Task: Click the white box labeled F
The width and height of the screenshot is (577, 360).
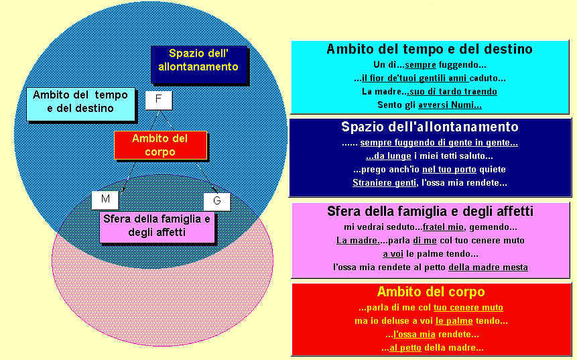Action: [159, 100]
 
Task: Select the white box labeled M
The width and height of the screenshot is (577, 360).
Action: [105, 200]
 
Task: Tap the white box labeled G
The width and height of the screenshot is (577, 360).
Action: [217, 201]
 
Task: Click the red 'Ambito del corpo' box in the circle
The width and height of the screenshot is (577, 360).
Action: [160, 145]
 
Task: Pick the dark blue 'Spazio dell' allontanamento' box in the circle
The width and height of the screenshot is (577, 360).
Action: [199, 64]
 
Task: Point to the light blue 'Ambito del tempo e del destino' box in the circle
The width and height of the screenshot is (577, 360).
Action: [80, 105]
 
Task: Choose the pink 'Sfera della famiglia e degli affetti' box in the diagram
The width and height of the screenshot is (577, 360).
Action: [157, 227]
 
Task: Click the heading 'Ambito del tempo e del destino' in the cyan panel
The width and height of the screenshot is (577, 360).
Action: [430, 49]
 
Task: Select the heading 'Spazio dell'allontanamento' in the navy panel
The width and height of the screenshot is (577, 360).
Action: [430, 127]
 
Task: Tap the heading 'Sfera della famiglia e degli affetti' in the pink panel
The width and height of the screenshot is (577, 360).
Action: [430, 211]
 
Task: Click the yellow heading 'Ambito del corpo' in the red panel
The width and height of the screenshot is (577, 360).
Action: [431, 292]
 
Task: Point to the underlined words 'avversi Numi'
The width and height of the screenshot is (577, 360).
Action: [450, 105]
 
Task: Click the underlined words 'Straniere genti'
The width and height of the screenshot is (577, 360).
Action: [384, 182]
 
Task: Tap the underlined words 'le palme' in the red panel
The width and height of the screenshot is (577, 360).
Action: [454, 321]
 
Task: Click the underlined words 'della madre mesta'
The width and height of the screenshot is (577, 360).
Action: [488, 267]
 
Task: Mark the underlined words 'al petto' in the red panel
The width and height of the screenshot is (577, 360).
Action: [405, 348]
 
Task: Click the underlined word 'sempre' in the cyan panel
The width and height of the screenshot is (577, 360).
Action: [420, 65]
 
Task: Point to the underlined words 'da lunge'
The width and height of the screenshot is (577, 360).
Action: [389, 156]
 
